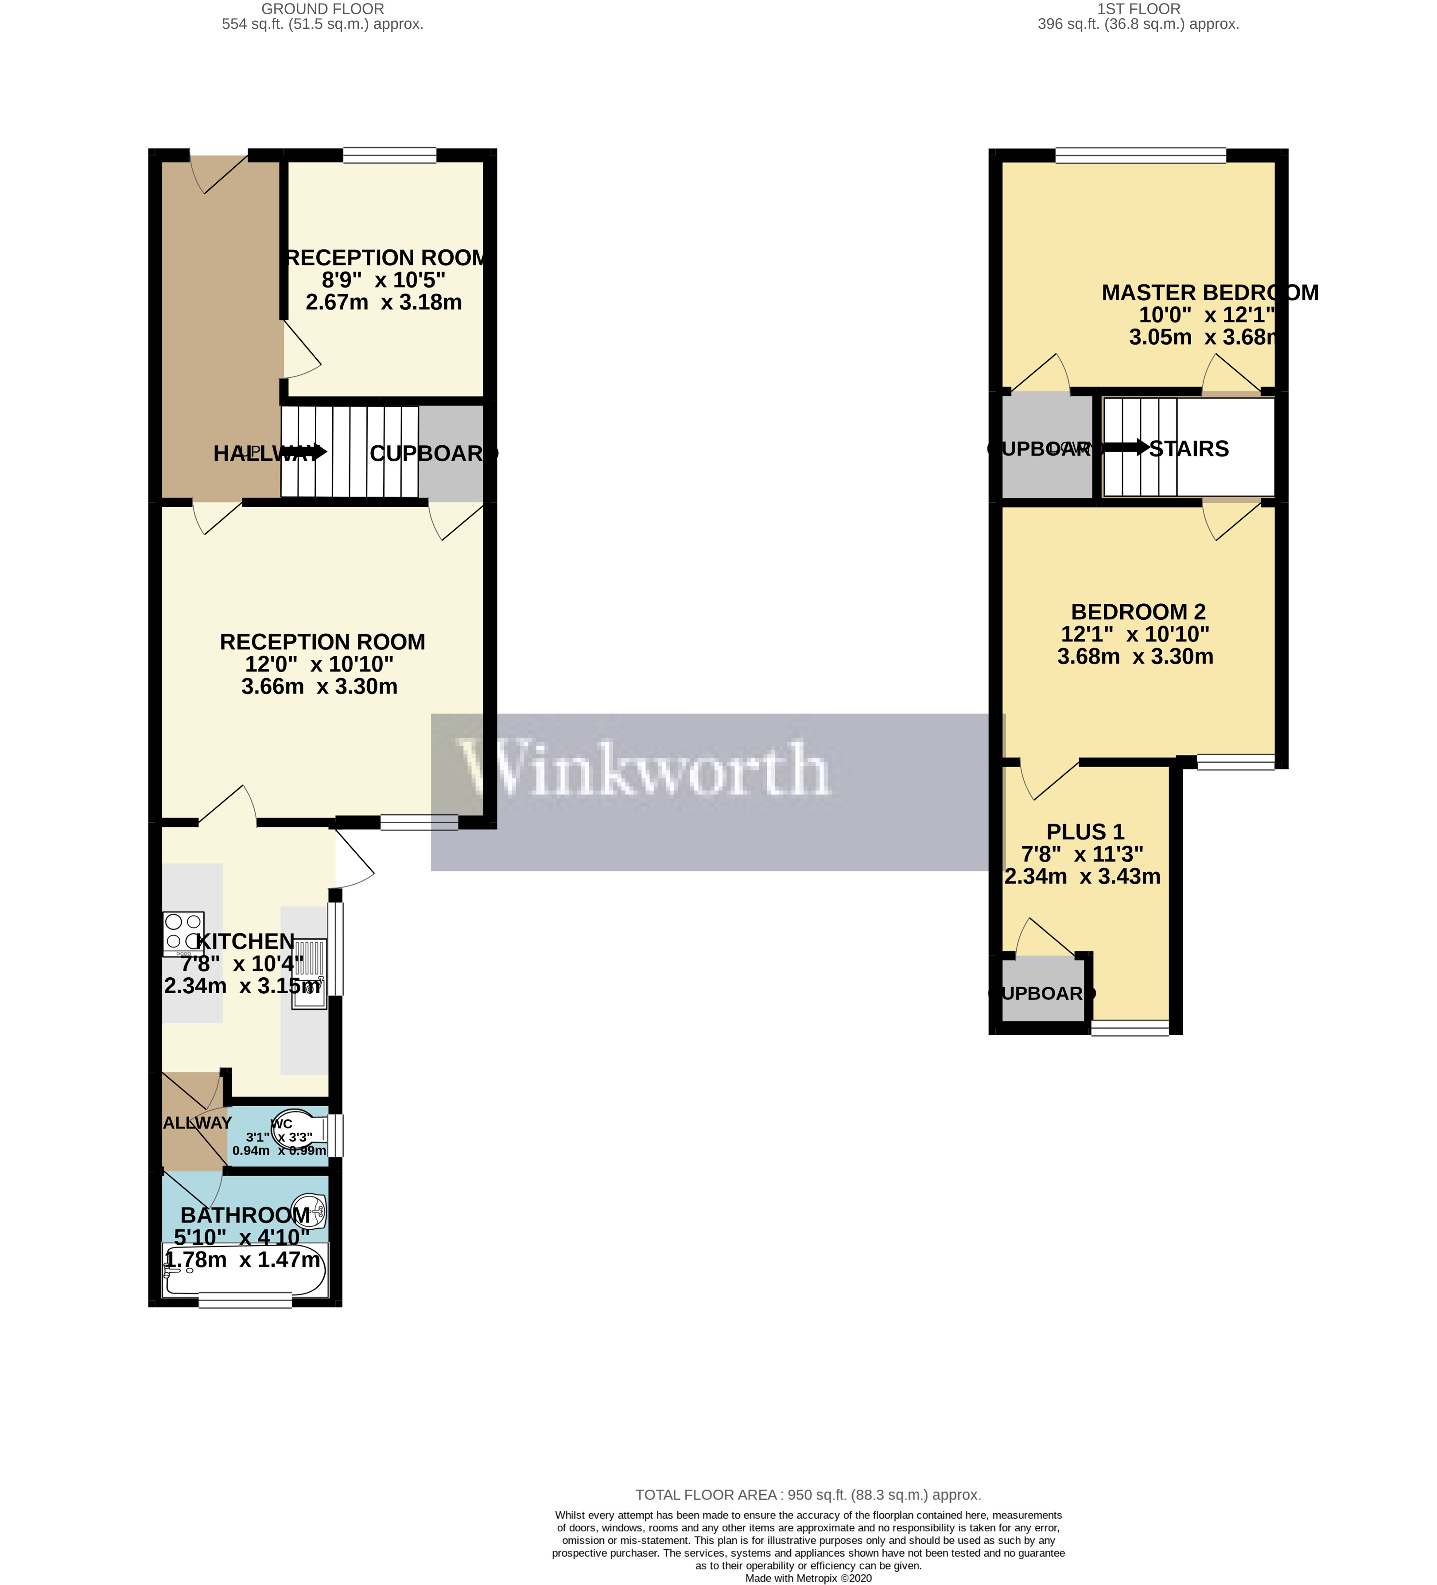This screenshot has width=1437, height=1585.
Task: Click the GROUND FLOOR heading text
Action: click(x=322, y=9)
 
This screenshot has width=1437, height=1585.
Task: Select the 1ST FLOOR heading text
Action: click(x=1138, y=9)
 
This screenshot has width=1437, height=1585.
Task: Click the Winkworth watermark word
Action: click(x=645, y=769)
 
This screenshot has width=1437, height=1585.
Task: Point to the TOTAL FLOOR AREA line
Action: click(x=808, y=1495)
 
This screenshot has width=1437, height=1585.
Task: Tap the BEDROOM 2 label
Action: click(x=1138, y=612)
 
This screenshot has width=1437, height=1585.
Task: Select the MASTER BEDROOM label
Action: click(x=1209, y=292)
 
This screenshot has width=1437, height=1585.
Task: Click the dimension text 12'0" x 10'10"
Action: click(x=319, y=664)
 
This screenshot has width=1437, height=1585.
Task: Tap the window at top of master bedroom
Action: click(x=1140, y=155)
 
